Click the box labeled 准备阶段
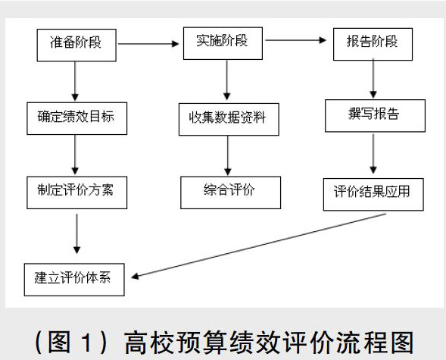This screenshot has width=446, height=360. (x=76, y=45)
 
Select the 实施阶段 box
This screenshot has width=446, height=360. (x=223, y=43)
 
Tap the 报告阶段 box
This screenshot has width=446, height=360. (x=373, y=44)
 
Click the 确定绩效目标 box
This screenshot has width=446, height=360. (x=76, y=118)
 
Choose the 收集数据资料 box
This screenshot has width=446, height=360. (x=229, y=119)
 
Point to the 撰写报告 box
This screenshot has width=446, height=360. (x=375, y=115)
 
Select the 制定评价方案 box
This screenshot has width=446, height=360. (x=76, y=193)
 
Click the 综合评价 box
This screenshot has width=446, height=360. (x=230, y=193)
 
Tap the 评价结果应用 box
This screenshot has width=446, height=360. (x=373, y=194)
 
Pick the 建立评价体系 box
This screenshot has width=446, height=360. (x=74, y=280)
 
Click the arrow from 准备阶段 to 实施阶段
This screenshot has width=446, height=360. (x=148, y=44)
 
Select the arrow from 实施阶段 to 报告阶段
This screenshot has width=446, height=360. (x=296, y=40)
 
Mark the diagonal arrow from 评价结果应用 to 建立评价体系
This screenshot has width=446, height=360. (x=258, y=246)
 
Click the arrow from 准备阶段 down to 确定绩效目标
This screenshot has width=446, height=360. (x=75, y=81)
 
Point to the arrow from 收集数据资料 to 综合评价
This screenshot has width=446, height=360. (x=228, y=155)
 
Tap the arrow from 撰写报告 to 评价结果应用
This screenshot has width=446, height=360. (x=373, y=154)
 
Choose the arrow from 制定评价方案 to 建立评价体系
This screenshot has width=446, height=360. (x=76, y=233)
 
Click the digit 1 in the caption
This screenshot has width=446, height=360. (x=87, y=343)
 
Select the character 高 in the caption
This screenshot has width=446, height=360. (x=136, y=343)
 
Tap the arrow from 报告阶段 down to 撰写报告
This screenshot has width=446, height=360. (x=373, y=79)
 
